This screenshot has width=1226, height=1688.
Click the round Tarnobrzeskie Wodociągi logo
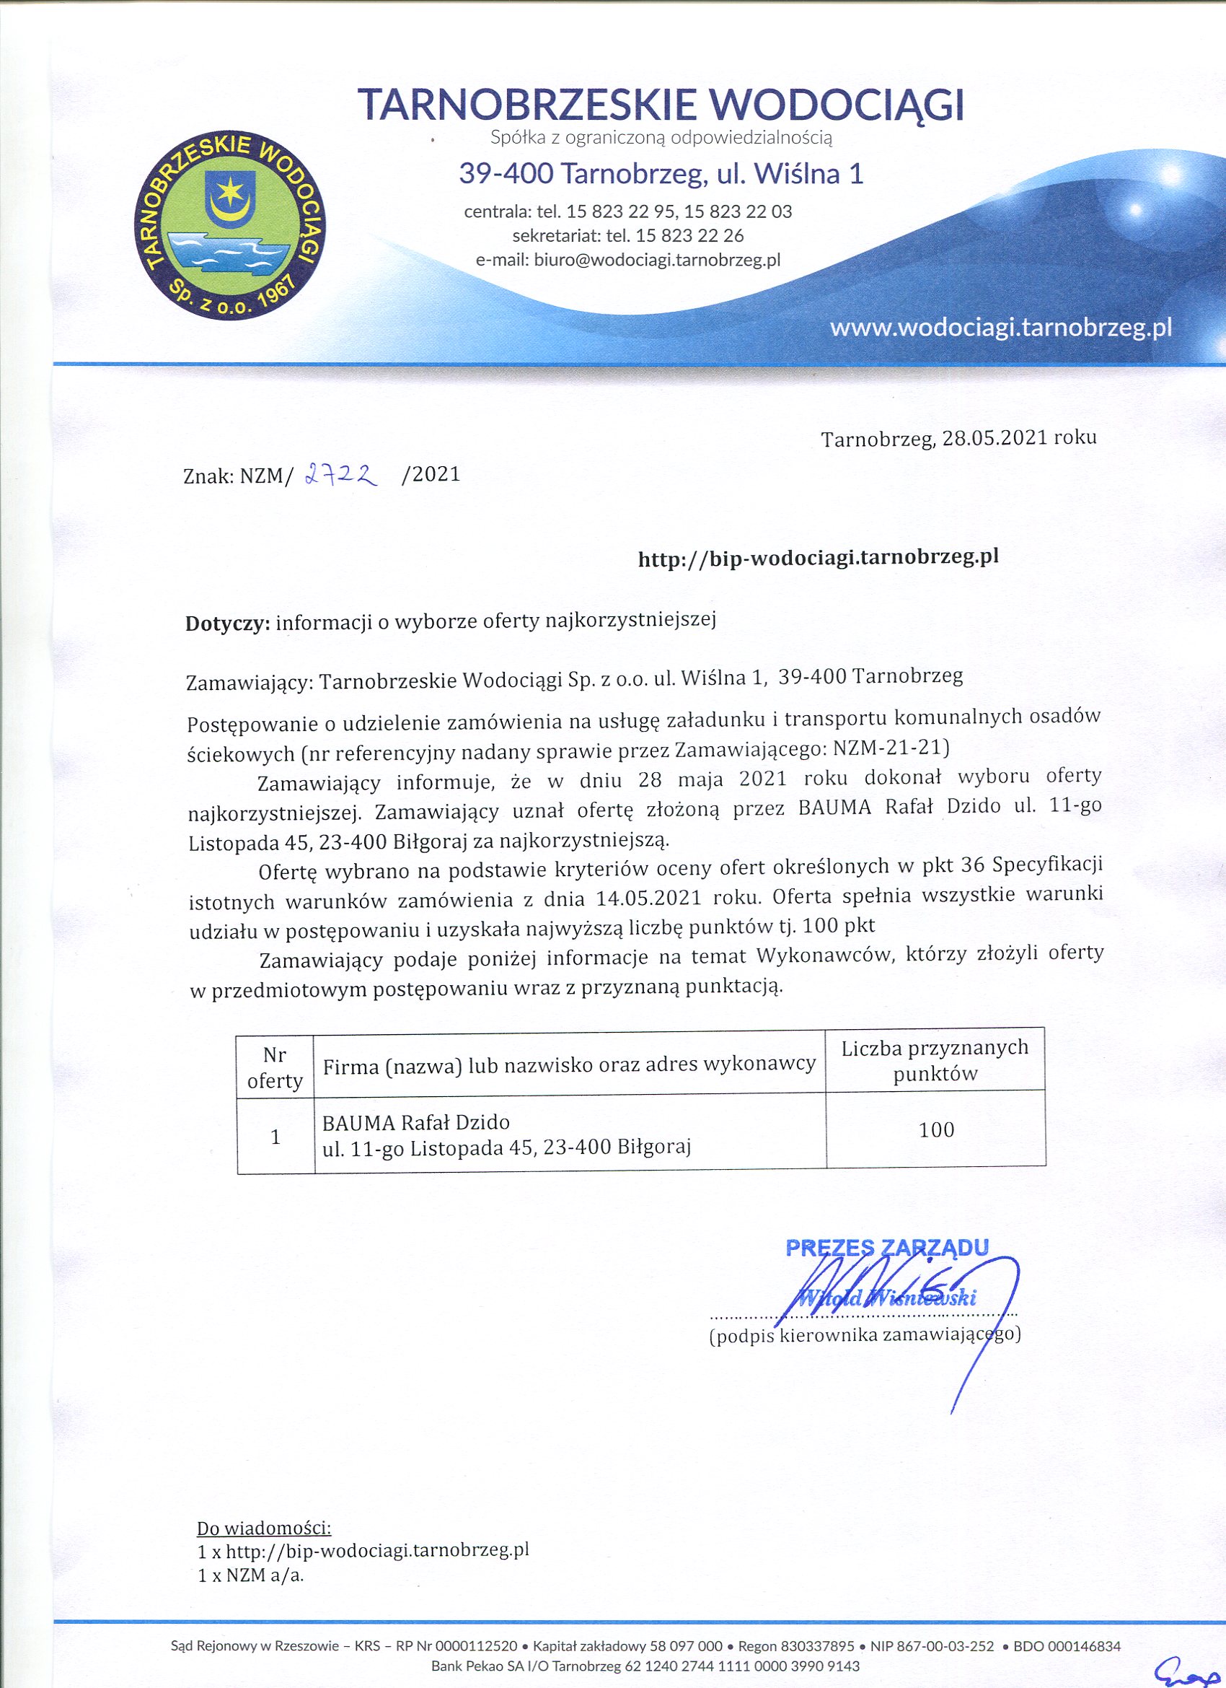pos(231,229)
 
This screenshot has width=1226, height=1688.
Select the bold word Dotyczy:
pos(228,623)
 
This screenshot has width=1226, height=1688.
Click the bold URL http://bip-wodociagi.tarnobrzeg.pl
pos(818,558)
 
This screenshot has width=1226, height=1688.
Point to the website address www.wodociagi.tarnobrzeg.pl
pos(1000,328)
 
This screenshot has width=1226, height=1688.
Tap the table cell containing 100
pos(936,1130)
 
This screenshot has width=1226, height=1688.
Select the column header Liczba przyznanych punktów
pos(935,1061)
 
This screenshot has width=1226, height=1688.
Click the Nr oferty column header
pos(275,1067)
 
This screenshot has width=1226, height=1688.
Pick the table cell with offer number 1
pos(275,1137)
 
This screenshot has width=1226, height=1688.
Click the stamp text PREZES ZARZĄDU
pos(888,1247)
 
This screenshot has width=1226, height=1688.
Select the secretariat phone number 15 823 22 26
pos(689,236)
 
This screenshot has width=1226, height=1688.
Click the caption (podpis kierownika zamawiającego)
pos(865,1334)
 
